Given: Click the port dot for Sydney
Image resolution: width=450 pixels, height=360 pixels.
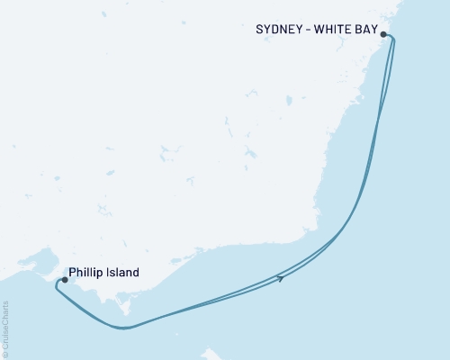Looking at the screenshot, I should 384,34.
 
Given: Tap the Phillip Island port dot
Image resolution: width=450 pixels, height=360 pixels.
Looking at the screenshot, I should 64,280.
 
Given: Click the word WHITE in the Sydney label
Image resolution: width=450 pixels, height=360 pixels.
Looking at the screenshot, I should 336,29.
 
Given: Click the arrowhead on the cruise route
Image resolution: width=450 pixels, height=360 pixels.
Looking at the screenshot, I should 283,278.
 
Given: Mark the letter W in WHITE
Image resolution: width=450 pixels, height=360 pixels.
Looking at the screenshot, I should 321,29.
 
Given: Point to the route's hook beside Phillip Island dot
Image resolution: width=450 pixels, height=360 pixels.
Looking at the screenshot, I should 56,285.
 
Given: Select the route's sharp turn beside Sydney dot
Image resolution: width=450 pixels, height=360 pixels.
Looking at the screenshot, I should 392,38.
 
